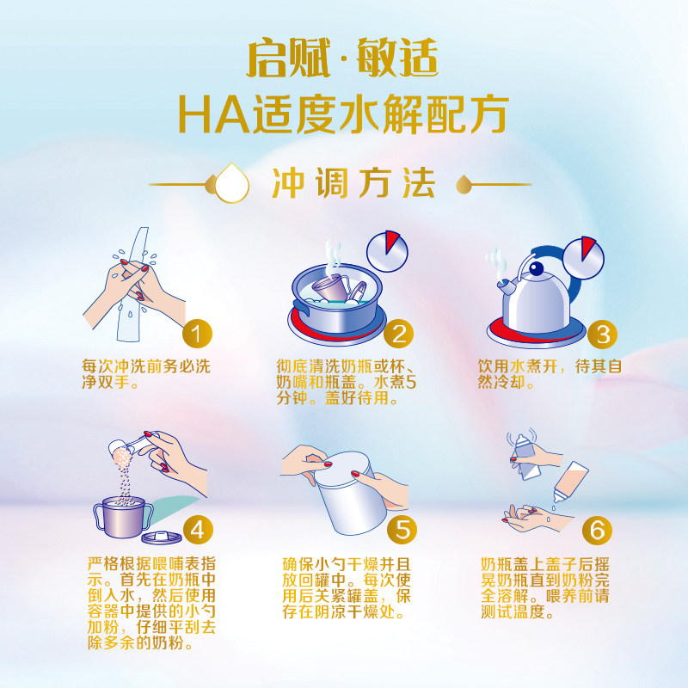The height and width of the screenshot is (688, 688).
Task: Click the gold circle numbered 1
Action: (199, 335)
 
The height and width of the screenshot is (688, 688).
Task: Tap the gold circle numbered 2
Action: (397, 335)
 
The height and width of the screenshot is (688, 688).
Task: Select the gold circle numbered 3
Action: (603, 335)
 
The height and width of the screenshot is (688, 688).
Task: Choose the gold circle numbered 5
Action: (398, 526)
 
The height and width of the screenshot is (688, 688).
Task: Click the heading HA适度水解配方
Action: (343, 114)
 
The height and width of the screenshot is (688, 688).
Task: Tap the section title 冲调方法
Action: (353, 182)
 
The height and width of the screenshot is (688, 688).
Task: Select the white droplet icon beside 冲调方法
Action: (231, 183)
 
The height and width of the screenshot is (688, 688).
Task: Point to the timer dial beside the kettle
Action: (583, 255)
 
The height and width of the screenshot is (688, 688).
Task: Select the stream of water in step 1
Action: (130, 292)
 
